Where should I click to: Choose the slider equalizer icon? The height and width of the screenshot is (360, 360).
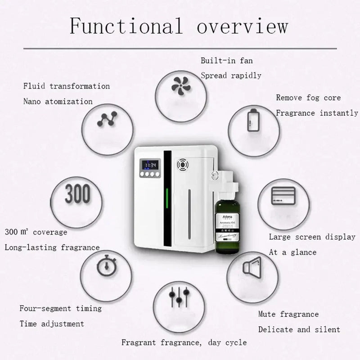178,297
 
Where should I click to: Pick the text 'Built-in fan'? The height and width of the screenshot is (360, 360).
224,60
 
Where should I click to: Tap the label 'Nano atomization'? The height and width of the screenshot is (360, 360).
58,101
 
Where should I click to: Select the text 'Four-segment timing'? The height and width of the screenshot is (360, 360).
60,308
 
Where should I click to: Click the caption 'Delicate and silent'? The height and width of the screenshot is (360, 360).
299,329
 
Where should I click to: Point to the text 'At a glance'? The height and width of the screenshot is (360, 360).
292,252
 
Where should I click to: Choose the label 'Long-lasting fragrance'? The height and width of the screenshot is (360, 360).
52,247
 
